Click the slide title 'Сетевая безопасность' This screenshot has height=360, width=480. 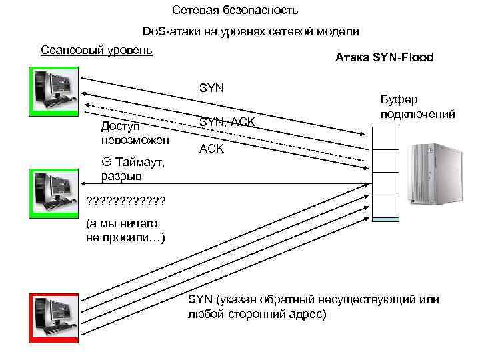[235, 11]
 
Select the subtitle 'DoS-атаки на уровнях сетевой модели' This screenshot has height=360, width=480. [251, 31]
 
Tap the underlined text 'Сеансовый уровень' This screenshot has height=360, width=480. [97, 50]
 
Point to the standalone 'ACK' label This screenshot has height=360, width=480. [212, 149]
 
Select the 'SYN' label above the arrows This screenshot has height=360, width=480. [212, 87]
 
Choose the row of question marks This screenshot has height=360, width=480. [126, 201]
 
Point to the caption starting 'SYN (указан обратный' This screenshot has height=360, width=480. [313, 306]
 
